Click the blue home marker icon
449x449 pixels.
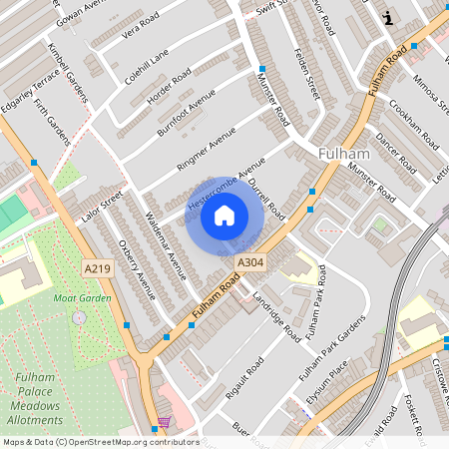(x=224, y=215)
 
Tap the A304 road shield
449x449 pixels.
(x=250, y=262)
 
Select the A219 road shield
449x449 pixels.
(x=98, y=268)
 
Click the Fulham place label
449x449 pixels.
(x=344, y=155)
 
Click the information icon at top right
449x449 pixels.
(x=388, y=17)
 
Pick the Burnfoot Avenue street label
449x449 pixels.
(x=186, y=112)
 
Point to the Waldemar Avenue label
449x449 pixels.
(x=165, y=245)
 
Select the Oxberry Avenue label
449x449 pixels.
(x=137, y=270)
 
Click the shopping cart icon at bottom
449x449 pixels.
(x=163, y=422)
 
